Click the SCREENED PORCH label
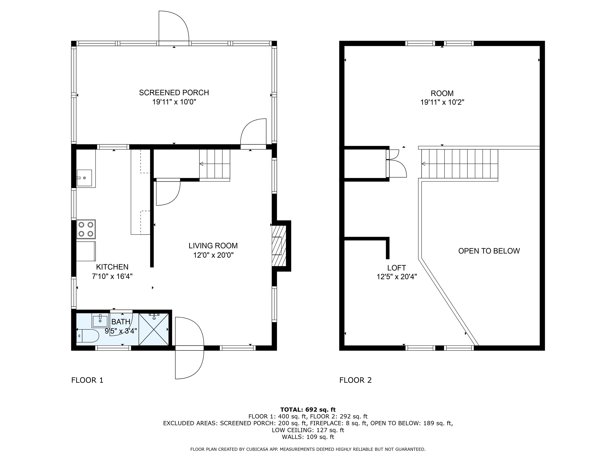click(174, 92)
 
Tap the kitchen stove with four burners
click(86, 229)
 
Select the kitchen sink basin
click(84, 178)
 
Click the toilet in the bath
click(88, 336)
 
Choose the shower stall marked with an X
click(154, 329)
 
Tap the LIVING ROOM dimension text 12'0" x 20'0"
click(213, 255)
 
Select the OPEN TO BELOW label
click(489, 251)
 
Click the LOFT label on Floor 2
click(397, 268)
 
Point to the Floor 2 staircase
click(460, 164)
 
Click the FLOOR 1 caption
click(87, 380)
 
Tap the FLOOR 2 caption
click(355, 380)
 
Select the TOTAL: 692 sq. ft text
click(308, 410)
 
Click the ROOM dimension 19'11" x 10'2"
click(442, 102)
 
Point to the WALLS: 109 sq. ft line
click(308, 437)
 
